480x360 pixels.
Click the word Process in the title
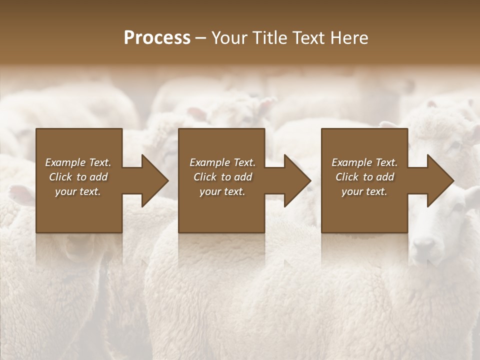157,38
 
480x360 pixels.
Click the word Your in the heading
229,38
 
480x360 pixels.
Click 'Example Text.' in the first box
78,162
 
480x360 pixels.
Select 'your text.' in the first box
78,191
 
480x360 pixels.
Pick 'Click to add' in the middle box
222,177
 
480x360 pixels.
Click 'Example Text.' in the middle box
222,162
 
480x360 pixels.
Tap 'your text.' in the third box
364,191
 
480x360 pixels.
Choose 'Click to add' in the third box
364,177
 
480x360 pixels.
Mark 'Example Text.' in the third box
364,162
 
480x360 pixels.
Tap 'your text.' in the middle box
222,191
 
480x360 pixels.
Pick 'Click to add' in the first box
78,177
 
